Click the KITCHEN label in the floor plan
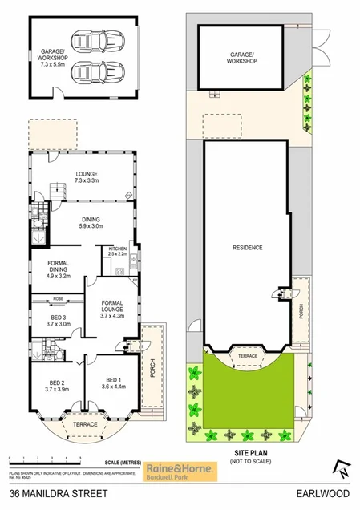(118, 251)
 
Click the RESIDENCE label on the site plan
(247, 247)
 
